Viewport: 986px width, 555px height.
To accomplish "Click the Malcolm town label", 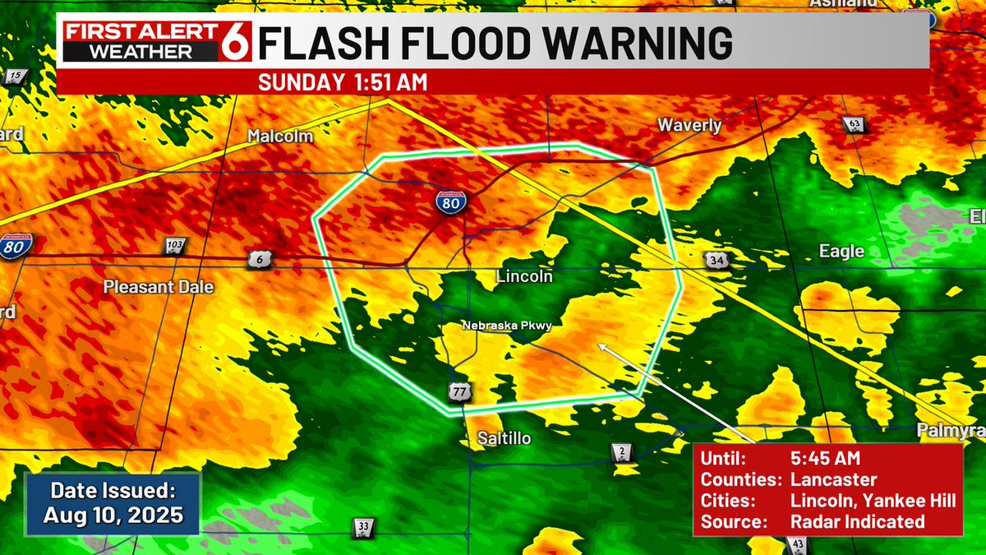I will tap(281, 136).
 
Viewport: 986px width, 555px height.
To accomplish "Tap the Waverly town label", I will tap(689, 126).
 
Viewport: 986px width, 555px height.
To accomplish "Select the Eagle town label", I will tap(841, 252).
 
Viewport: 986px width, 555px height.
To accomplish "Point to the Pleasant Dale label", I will tap(158, 287).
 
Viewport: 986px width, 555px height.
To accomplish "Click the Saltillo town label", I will tap(505, 438).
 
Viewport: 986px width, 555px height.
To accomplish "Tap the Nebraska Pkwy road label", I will tap(506, 326).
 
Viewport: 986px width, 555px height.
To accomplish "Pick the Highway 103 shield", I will tap(174, 246).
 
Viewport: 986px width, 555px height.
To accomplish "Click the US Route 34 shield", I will tap(714, 260).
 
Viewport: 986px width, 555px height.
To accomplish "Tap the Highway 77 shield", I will tap(460, 392).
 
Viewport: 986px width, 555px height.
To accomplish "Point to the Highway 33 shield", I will tap(364, 526).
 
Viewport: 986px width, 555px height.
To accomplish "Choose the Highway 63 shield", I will tap(855, 125).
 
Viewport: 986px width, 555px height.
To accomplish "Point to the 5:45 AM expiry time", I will tap(825, 459).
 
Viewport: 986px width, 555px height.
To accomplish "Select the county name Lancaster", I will tap(833, 479).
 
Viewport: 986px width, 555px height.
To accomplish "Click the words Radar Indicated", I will tap(857, 521).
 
